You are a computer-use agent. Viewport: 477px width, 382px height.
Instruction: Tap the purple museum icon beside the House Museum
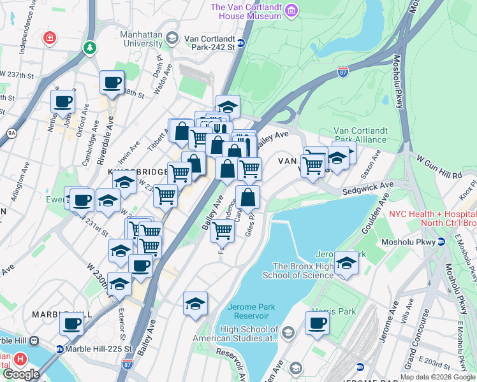pyautogui.click(x=291, y=10)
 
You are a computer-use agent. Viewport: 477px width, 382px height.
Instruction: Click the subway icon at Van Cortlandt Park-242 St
pyautogui.click(x=241, y=43)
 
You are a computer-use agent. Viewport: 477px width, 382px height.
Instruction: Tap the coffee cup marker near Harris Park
pyautogui.click(x=317, y=323)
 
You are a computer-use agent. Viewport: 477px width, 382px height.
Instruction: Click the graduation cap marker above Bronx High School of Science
pyautogui.click(x=346, y=262)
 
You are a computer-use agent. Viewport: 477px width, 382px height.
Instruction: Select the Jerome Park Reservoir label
pyautogui.click(x=251, y=311)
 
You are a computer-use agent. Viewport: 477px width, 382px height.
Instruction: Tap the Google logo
pyautogui.click(x=20, y=374)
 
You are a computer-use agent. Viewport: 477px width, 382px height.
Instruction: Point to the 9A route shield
pyautogui.click(x=11, y=133)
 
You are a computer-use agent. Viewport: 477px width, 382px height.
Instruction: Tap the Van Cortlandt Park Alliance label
pyautogui.click(x=360, y=135)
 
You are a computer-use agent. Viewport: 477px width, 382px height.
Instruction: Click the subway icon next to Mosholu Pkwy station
pyautogui.click(x=441, y=242)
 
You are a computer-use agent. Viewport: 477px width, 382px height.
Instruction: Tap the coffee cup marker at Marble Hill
pyautogui.click(x=71, y=323)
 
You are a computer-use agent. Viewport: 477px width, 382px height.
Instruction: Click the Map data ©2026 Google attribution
pyautogui.click(x=437, y=377)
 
